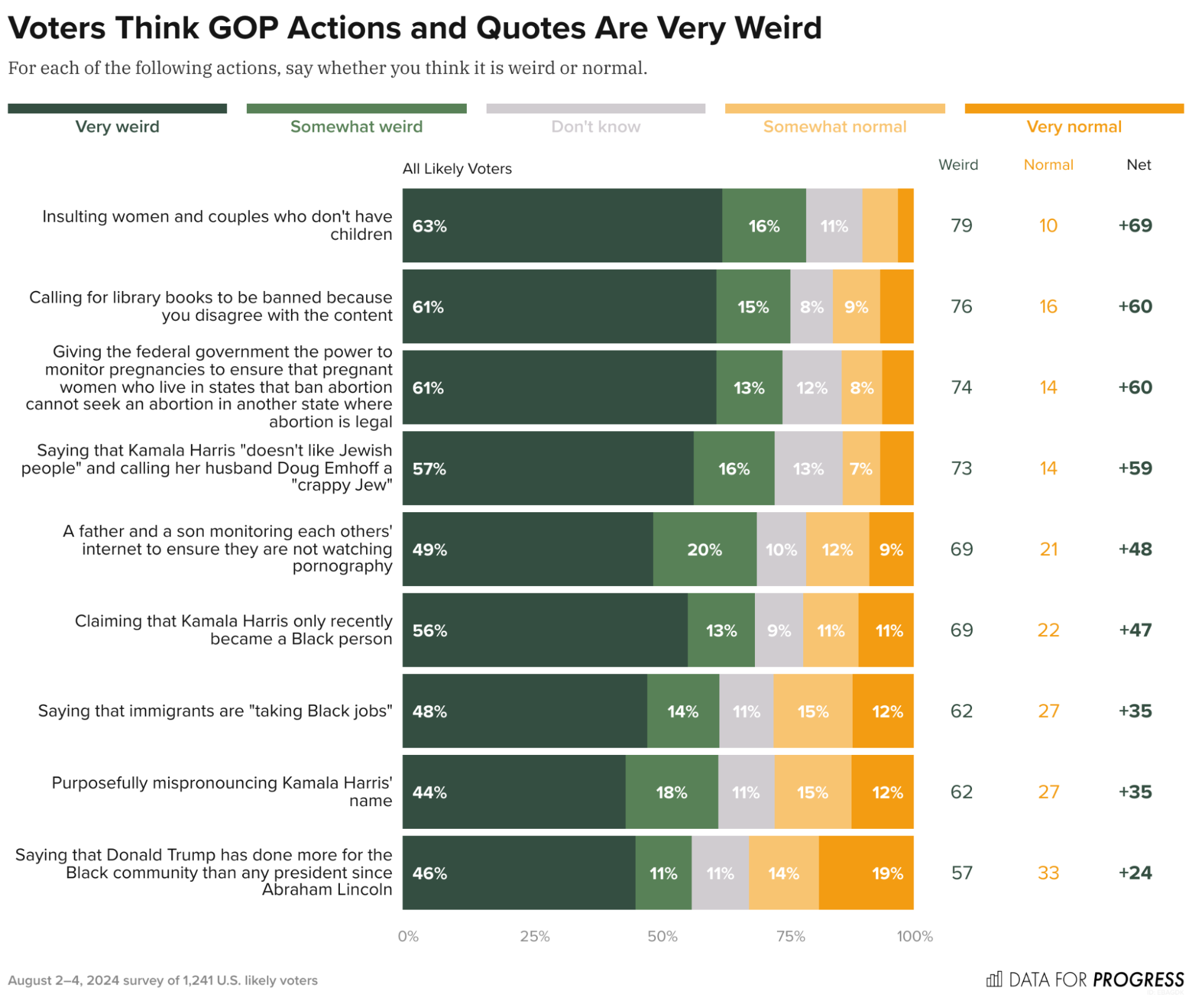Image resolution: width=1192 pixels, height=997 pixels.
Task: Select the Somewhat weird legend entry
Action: click(356, 126)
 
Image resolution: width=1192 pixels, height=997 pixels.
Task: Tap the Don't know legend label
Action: click(595, 126)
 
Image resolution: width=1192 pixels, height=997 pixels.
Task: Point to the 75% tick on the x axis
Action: click(790, 936)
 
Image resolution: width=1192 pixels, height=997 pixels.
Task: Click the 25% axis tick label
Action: click(534, 936)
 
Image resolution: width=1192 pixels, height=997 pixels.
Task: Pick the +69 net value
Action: click(1135, 225)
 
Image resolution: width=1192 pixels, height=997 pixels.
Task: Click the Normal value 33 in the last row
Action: click(1048, 873)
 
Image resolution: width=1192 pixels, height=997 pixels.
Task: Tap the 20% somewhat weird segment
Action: click(704, 549)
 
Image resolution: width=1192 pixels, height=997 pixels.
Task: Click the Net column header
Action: click(1138, 165)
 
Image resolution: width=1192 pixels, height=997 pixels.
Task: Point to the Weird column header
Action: click(958, 165)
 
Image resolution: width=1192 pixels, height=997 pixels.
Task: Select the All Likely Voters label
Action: click(457, 169)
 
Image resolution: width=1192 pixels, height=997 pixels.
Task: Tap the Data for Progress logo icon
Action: click(993, 979)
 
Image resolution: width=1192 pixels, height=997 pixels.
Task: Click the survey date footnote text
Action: click(162, 980)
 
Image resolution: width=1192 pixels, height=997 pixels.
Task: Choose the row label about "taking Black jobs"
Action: click(215, 711)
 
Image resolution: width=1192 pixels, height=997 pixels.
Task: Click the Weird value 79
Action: click(961, 225)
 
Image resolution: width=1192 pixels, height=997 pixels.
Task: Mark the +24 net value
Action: click(1135, 873)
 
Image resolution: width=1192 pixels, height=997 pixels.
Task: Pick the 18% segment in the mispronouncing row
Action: click(671, 792)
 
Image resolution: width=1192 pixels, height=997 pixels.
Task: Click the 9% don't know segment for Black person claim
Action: click(779, 630)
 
